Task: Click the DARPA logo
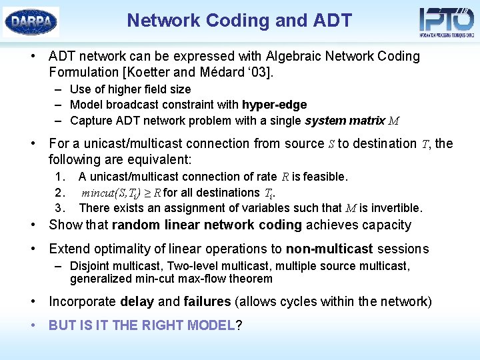[x=31, y=21]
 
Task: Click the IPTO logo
[x=446, y=21]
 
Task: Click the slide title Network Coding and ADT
[x=239, y=21]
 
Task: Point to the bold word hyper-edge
[x=274, y=105]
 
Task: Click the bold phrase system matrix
[x=345, y=121]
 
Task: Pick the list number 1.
[x=60, y=177]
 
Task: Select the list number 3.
[x=60, y=208]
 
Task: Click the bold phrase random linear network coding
[x=207, y=225]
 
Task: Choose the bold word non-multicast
[x=329, y=249]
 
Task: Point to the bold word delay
[x=137, y=301]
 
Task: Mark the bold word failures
[x=207, y=301]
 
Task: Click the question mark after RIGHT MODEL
[x=239, y=325]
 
